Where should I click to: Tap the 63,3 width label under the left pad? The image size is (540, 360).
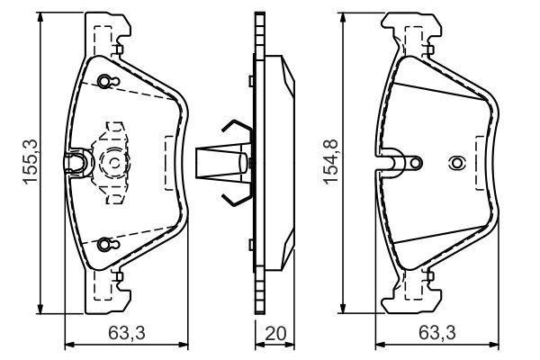click(x=126, y=334)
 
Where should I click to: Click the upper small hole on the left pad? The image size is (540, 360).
click(x=106, y=83)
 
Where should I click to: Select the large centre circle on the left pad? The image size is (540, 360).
click(x=114, y=163)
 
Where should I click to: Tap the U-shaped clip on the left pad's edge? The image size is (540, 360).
click(x=77, y=162)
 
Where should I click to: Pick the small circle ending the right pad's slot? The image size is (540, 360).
click(x=415, y=163)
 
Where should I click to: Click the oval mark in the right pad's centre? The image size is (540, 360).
click(x=456, y=163)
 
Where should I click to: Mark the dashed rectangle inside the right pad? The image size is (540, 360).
click(x=474, y=163)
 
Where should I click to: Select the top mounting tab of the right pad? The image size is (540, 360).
click(x=415, y=31)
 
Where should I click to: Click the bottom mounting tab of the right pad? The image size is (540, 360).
click(x=415, y=292)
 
